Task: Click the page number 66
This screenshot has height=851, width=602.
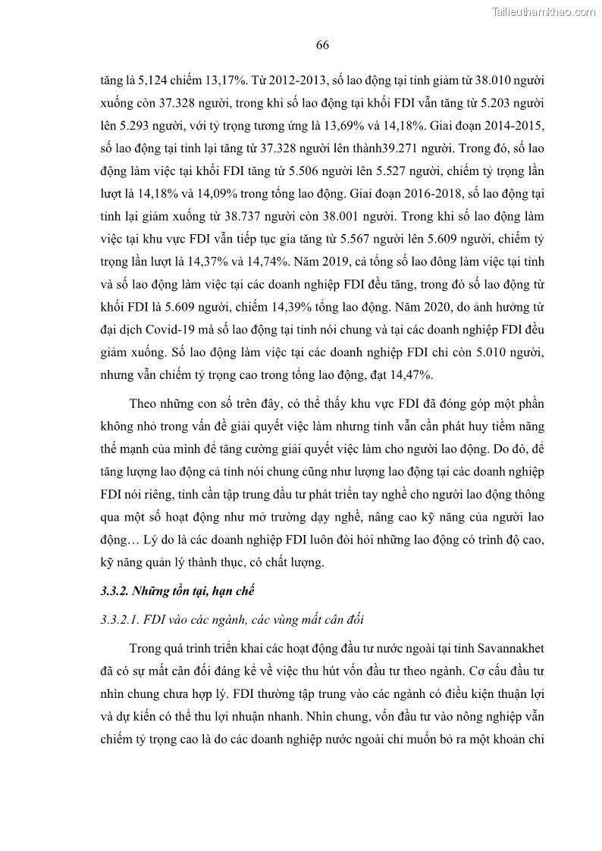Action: tap(321, 45)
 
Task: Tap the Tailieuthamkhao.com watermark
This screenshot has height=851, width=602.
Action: tap(544, 11)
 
